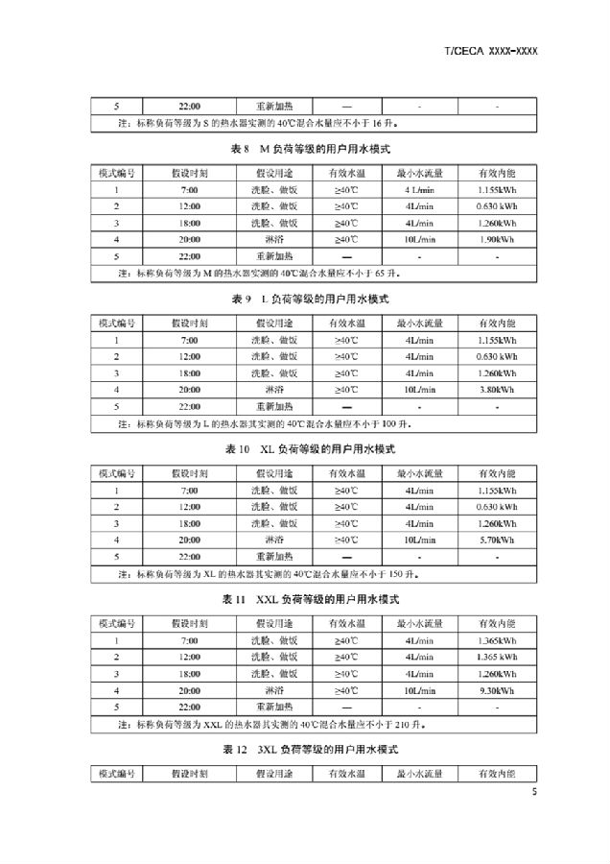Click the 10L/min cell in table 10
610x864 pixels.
coord(419,539)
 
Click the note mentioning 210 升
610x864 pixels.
coord(278,723)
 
